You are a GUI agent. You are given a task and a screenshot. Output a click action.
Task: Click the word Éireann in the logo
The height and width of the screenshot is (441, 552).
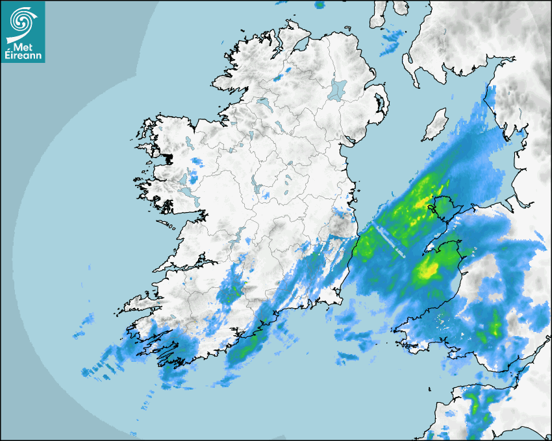pyautogui.click(x=23, y=56)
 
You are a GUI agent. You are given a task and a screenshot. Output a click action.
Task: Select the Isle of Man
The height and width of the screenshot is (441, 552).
pyautogui.click(x=435, y=125)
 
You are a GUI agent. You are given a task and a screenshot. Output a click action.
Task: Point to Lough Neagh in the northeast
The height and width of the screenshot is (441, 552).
pyautogui.click(x=338, y=89)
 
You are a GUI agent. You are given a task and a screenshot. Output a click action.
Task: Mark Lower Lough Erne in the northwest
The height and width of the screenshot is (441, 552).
pyautogui.click(x=263, y=102)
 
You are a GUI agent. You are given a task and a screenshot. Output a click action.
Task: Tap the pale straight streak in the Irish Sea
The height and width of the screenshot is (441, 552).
pyautogui.click(x=390, y=239)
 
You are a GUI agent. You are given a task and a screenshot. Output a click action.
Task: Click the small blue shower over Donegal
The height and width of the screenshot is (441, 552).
pyautogui.click(x=279, y=77)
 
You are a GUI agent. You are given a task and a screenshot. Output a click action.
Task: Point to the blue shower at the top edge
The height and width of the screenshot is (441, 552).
pyautogui.click(x=320, y=5)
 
